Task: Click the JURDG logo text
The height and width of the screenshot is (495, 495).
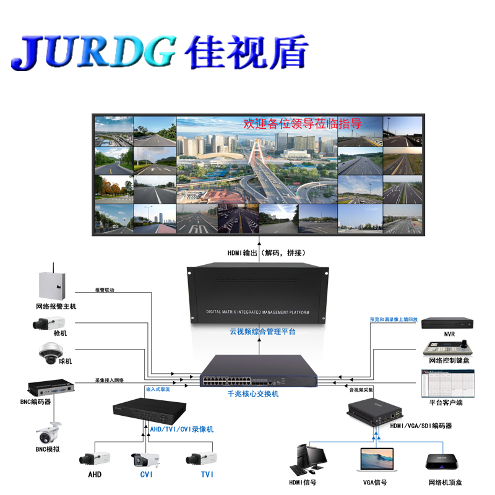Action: coord(93,53)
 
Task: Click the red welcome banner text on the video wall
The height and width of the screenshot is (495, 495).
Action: coord(303,124)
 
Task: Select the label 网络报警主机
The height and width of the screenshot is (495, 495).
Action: coord(56,306)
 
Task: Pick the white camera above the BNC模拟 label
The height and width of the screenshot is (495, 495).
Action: coord(48,431)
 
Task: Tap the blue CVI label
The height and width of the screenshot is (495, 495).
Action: coord(147,475)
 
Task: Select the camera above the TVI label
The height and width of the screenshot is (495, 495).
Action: coord(202,458)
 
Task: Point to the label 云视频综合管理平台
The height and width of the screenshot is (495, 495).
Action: coord(262,332)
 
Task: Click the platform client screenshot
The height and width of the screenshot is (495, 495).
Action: coord(446,384)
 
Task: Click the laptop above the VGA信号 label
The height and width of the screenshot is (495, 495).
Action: coord(376,462)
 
